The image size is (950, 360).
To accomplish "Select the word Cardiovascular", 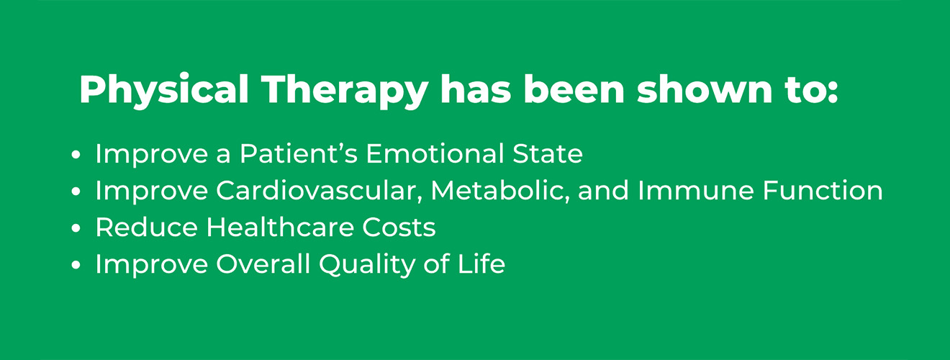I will [x=320, y=191].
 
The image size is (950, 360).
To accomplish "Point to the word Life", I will [x=483, y=264].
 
